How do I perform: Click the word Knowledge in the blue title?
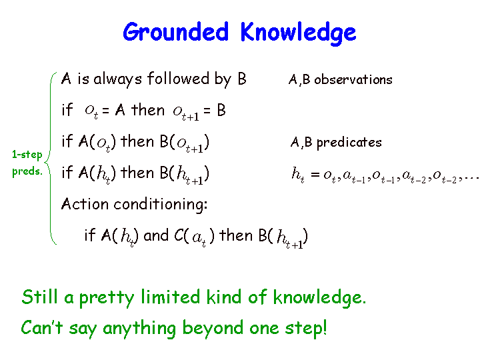click(298, 33)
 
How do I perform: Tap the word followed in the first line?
click(178, 79)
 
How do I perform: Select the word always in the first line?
click(117, 79)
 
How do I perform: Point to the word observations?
click(353, 79)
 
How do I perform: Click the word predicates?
click(349, 143)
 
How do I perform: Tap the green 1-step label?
click(27, 155)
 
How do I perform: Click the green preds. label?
click(27, 171)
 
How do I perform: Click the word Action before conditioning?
click(85, 204)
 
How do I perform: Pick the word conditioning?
click(161, 205)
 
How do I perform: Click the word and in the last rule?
click(156, 235)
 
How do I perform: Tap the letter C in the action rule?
click(179, 236)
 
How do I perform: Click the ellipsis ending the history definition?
click(472, 177)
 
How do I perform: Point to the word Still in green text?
click(40, 297)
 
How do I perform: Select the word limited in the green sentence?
click(170, 297)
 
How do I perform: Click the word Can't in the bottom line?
click(42, 327)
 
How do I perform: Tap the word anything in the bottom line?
click(139, 329)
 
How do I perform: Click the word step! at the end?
click(306, 328)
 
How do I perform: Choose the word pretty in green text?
click(107, 298)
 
